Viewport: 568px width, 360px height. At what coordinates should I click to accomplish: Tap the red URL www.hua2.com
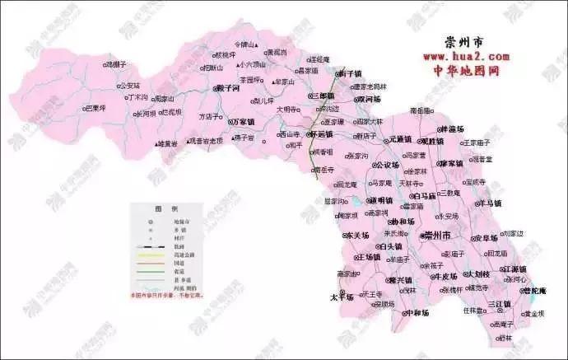coord(466,56)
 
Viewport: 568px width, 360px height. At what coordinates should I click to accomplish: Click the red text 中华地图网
coord(466,70)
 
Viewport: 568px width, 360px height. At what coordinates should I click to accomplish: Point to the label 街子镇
coord(351,73)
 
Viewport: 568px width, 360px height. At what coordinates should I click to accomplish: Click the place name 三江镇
coord(500,304)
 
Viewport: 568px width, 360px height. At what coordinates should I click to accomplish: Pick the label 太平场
coord(342,297)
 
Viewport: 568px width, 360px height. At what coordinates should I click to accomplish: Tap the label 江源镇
coord(515,269)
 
